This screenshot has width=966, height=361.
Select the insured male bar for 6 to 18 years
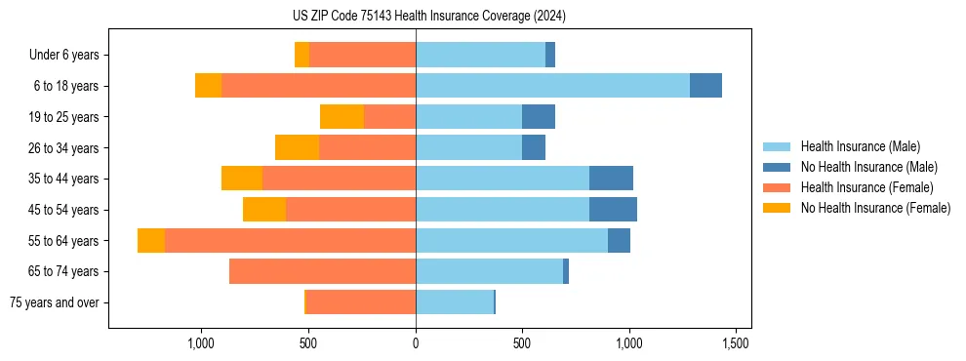[x=552, y=86]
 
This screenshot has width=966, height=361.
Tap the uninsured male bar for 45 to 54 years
[x=613, y=210]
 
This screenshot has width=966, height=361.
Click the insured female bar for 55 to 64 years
[x=290, y=241]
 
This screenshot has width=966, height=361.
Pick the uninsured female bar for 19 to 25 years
[x=342, y=117]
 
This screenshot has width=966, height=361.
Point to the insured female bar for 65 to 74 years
[x=322, y=271]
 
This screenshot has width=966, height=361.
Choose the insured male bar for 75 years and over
[x=455, y=302]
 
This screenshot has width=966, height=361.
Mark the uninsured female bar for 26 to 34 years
[x=297, y=147]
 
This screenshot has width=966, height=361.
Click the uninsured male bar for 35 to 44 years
[x=611, y=179]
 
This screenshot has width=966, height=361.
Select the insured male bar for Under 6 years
[x=480, y=55]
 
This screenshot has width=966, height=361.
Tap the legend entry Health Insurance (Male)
[x=860, y=146]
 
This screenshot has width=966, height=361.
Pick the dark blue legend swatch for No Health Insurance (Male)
[x=777, y=167]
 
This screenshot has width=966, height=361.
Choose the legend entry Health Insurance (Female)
[x=866, y=187]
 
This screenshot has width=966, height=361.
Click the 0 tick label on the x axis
[x=416, y=344]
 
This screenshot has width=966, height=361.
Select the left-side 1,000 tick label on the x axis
[x=201, y=344]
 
